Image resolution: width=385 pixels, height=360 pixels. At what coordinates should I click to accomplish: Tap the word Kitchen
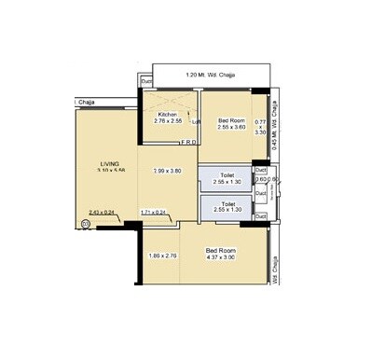click(168, 114)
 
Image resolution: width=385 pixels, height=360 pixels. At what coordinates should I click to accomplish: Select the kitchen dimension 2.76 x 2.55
click(168, 121)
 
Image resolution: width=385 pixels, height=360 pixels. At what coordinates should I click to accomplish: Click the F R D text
click(187, 143)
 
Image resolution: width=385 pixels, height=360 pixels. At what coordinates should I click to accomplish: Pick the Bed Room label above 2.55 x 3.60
click(231, 120)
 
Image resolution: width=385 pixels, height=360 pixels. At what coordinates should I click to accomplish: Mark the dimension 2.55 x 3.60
click(231, 128)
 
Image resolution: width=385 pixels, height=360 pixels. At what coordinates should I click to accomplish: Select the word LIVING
click(110, 164)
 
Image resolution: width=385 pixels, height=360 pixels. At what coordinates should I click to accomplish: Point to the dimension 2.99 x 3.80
click(166, 171)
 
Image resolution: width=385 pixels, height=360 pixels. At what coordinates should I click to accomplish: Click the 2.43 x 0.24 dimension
click(102, 213)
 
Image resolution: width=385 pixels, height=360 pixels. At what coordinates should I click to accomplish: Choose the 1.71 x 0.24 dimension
click(153, 213)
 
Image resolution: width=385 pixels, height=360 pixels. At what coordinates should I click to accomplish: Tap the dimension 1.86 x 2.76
click(163, 256)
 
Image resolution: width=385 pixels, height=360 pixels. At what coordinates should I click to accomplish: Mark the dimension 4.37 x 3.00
click(220, 256)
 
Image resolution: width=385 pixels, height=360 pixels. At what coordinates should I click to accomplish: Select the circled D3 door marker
click(87, 224)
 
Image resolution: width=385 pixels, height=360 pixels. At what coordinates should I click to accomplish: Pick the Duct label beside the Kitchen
click(146, 82)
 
